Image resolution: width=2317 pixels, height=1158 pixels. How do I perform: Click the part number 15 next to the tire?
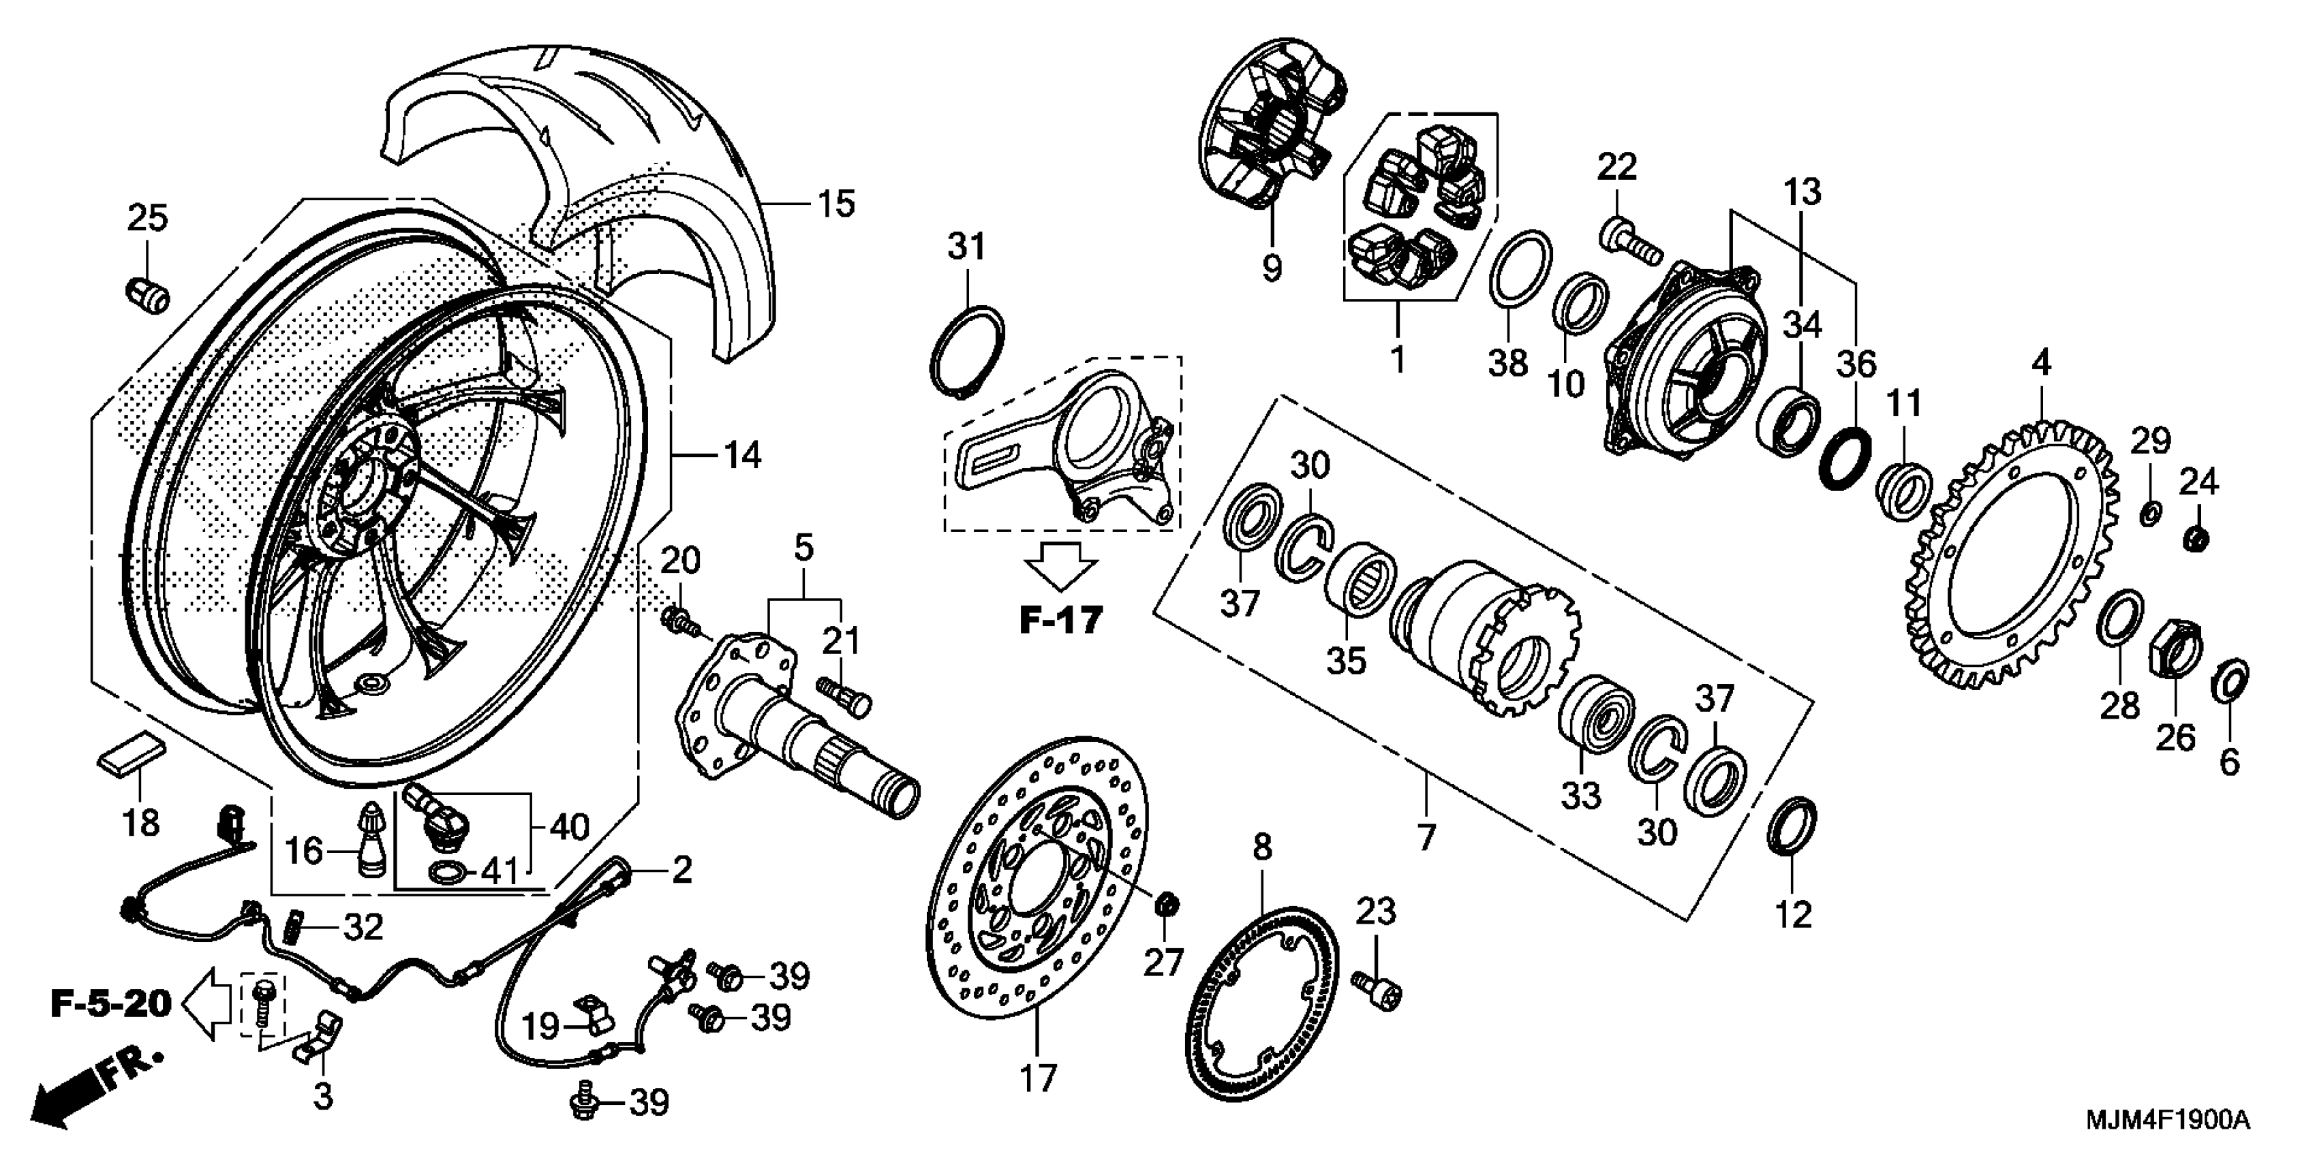click(836, 204)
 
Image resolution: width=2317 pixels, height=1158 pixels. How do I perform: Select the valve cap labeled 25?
click(147, 293)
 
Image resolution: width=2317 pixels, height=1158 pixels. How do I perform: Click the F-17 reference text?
click(1061, 621)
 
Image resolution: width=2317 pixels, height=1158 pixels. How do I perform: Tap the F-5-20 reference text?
click(110, 1003)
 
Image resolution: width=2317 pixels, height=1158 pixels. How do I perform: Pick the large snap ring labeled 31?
click(965, 349)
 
